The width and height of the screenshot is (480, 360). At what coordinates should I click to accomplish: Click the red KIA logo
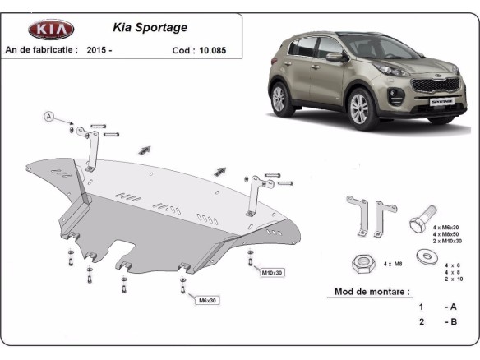pos(51,30)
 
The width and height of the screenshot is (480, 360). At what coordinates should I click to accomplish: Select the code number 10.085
pos(211,50)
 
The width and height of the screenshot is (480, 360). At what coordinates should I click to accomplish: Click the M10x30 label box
pos(270,271)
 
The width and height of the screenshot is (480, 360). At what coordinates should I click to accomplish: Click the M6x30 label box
pos(206,301)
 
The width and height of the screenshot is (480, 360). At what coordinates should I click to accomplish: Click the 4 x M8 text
pos(393,263)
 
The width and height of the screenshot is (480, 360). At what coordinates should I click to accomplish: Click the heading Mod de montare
pos(372,292)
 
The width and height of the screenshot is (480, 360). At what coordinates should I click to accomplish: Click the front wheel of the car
pos(361,108)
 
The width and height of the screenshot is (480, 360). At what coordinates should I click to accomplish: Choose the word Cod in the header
pos(182,50)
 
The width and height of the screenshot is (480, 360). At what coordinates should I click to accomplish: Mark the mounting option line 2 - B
pos(435,321)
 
